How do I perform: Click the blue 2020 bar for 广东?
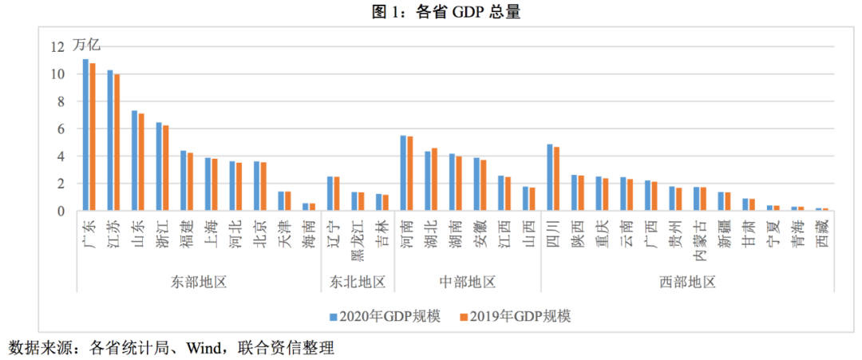click(85, 135)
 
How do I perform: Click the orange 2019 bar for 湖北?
click(434, 180)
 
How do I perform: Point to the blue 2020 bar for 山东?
click(134, 160)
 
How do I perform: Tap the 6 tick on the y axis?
click(59, 129)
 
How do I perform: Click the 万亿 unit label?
click(86, 45)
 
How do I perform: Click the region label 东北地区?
click(358, 282)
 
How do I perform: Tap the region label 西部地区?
click(687, 282)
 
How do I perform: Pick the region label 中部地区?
click(468, 282)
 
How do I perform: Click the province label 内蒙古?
click(699, 239)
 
